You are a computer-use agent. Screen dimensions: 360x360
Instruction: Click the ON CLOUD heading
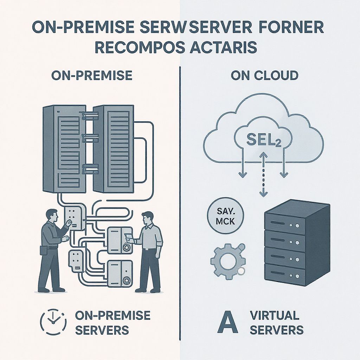point(264,75)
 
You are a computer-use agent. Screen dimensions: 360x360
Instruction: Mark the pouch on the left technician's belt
point(43,251)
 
